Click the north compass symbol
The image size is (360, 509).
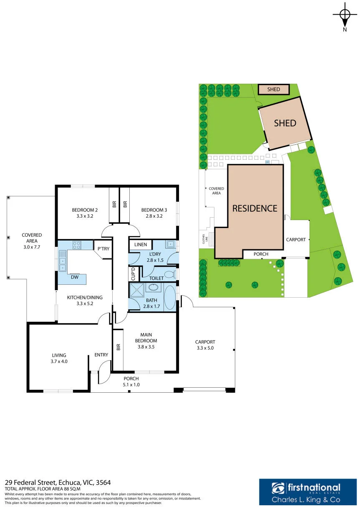tap(345, 16)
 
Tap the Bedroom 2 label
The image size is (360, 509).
tap(85, 210)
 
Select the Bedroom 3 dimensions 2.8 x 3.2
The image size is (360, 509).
tap(154, 216)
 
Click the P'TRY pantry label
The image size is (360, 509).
tap(103, 248)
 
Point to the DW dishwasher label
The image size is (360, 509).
tap(75, 277)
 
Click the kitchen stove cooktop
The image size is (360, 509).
tap(77, 245)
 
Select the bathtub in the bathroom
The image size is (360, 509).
tap(170, 298)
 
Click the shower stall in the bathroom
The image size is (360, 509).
tap(137, 291)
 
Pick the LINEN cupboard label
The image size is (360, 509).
tap(141, 245)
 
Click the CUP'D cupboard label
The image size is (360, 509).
tap(133, 274)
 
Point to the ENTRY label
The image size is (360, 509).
tap(101, 355)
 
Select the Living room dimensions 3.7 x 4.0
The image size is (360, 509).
tap(59, 361)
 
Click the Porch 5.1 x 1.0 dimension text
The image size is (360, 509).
tap(131, 384)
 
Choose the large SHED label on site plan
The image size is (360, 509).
tap(285, 123)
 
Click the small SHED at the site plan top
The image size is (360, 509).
tap(274, 89)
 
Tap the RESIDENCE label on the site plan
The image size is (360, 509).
tap(255, 208)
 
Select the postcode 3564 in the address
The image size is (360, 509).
tap(103, 482)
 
